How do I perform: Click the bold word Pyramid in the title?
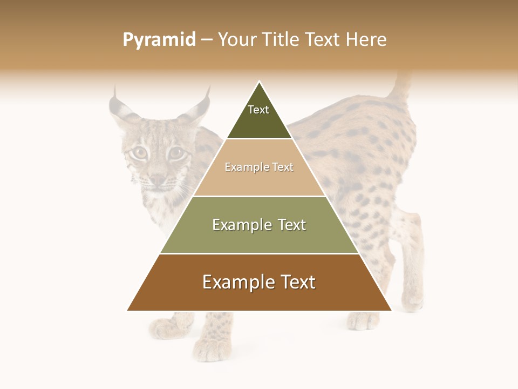pos(159,39)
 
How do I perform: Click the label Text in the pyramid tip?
pos(258,110)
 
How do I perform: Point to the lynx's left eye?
pos(139,153)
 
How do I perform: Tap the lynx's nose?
pos(157,179)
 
